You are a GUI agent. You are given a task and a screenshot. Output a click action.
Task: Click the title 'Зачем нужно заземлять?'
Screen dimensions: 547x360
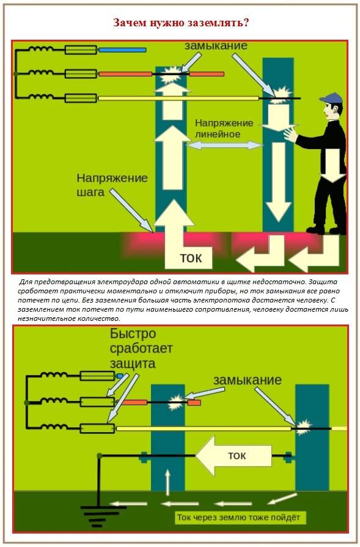pyautogui.click(x=180, y=23)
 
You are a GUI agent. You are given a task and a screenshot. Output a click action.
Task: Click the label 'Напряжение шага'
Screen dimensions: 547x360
pyautogui.click(x=112, y=185)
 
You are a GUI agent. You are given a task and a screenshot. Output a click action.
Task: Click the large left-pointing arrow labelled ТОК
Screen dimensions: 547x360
pyautogui.click(x=232, y=455)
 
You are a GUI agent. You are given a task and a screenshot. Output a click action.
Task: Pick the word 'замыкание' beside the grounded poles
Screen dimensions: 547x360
pyautogui.click(x=247, y=380)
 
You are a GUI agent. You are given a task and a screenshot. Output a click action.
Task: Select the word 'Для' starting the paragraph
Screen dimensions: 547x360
pyautogui.click(x=26, y=282)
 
